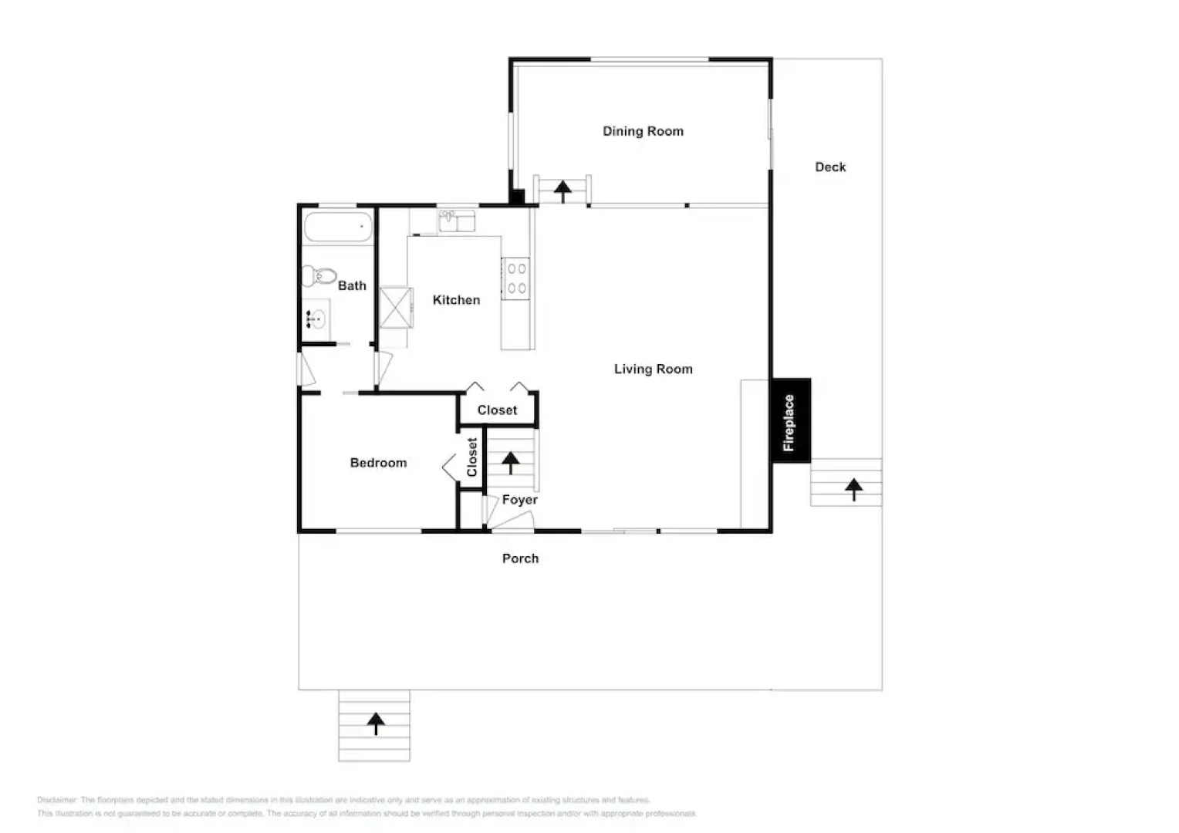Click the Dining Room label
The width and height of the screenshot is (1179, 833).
click(643, 131)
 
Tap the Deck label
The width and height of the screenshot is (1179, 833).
click(830, 167)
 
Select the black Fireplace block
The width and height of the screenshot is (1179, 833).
click(791, 421)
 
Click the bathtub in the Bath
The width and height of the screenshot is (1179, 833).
click(338, 228)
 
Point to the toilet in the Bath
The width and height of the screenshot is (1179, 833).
click(319, 275)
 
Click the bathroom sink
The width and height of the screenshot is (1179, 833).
click(316, 318)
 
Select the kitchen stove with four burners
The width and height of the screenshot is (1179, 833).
click(516, 278)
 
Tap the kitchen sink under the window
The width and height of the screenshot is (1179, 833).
click(456, 222)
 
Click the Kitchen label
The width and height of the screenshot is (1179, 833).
click(456, 300)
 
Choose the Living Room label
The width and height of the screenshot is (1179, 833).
click(653, 369)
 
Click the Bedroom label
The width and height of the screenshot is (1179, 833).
click(378, 463)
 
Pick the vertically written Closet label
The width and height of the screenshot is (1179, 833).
click(472, 457)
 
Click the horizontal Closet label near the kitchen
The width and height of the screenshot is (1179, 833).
click(497, 410)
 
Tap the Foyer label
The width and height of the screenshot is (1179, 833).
click(519, 500)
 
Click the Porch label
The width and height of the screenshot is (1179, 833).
click(520, 558)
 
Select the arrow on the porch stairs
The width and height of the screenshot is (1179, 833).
click(375, 723)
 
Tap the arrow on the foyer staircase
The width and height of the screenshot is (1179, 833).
click(510, 462)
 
